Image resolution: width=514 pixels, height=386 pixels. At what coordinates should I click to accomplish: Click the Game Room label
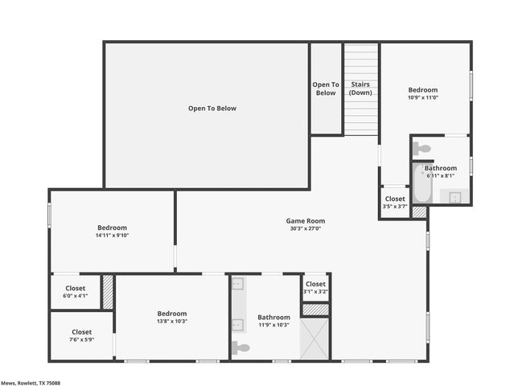coord(306,220)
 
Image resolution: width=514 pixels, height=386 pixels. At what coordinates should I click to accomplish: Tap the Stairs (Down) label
coord(360,88)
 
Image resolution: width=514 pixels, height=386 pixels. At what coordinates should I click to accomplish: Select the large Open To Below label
coord(212,109)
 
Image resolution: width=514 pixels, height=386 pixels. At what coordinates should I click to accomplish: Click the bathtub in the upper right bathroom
coord(422,185)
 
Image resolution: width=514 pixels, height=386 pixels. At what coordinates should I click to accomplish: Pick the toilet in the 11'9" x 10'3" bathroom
coord(241,347)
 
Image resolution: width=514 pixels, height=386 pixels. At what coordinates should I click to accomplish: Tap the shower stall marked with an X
coord(315,339)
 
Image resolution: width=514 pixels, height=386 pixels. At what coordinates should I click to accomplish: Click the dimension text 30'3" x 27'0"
coord(306,228)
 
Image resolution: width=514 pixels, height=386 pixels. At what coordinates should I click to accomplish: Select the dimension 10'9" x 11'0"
coord(423,98)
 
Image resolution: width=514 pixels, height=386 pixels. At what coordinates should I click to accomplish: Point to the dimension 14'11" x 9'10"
coord(113,236)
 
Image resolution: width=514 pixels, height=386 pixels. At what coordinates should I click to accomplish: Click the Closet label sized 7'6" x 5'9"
coord(81,331)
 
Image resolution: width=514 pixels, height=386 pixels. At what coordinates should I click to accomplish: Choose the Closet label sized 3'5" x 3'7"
coord(395,199)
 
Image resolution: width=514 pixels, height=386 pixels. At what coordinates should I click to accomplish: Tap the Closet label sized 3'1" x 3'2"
coord(315,284)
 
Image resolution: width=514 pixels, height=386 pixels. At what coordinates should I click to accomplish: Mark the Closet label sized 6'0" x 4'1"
coord(75,288)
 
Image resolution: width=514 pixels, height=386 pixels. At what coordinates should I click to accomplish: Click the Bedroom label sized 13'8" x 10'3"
coord(172,314)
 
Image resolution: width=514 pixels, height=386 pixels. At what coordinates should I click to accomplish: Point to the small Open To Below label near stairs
coord(326,88)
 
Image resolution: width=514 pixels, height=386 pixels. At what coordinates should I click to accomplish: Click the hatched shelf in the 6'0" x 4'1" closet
coord(107,292)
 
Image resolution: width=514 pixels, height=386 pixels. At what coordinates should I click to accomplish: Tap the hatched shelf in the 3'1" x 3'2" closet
coord(315,309)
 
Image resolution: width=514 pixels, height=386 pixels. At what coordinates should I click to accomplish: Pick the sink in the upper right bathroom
coord(454,197)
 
